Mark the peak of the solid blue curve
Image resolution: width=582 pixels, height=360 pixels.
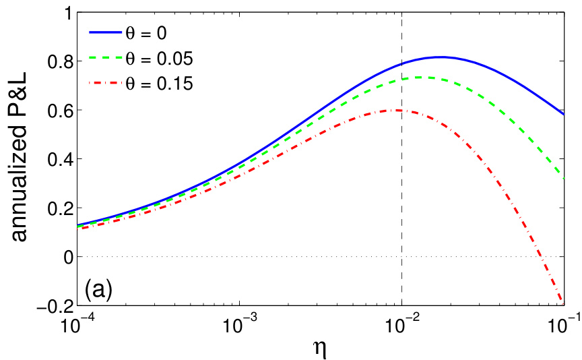tap(441, 57)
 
